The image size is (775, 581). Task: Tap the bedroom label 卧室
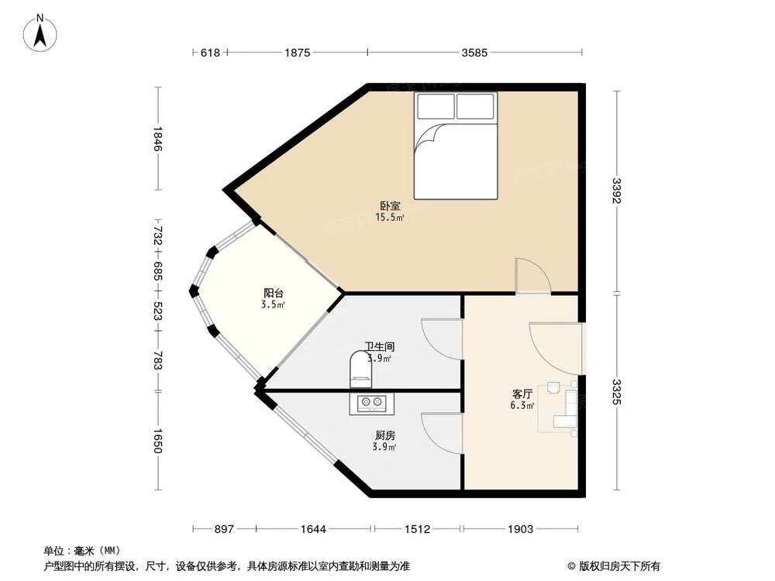390,206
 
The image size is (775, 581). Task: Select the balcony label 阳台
273,294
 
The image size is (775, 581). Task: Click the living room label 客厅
521,394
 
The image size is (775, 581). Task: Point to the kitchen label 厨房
384,436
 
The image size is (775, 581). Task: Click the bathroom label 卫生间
377,348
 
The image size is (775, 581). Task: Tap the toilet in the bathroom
361,369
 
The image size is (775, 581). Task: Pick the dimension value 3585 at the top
474,53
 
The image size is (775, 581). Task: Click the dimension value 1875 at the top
297,53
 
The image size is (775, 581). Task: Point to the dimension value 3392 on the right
616,192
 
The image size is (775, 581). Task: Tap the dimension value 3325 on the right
616,392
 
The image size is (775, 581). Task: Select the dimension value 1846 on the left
157,139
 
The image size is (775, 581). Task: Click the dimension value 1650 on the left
157,441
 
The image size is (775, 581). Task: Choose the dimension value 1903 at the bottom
520,529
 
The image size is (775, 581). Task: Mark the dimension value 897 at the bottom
223,529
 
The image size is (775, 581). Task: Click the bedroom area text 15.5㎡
390,218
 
